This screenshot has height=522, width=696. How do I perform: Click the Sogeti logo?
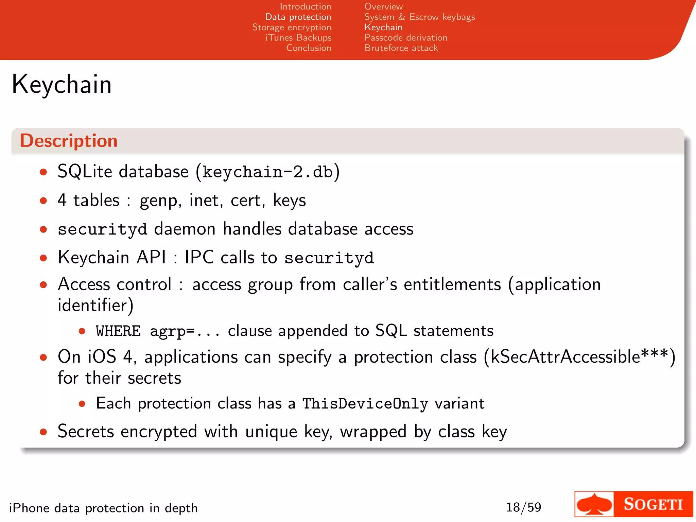click(633, 504)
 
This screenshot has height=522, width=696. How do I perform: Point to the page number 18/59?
click(523, 507)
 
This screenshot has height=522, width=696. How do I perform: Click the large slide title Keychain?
click(62, 84)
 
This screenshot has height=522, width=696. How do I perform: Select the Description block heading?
click(69, 141)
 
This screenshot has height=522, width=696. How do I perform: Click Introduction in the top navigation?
click(305, 6)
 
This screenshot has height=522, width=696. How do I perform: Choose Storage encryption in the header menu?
click(292, 27)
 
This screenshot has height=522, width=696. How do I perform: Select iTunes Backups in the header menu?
click(298, 37)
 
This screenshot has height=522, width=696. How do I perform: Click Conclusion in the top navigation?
click(309, 48)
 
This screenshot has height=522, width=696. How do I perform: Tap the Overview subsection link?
click(383, 6)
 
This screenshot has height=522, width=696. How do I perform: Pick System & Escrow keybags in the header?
click(419, 17)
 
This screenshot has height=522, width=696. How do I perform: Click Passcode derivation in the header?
click(406, 37)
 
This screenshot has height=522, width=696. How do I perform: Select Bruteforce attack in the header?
click(401, 48)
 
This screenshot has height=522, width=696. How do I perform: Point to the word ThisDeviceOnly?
click(365, 404)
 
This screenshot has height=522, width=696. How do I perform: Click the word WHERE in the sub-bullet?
click(118, 331)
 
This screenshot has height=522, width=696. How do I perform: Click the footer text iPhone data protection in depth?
click(103, 508)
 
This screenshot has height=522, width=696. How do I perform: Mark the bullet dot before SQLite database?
click(43, 172)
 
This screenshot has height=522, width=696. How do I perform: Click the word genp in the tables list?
click(158, 201)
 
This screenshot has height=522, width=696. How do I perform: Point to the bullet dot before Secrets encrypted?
click(43, 432)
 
